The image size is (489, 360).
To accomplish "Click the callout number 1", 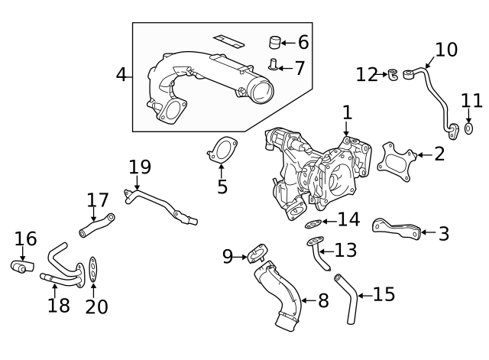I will pos(347,114).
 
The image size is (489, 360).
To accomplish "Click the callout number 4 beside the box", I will pos(121,75).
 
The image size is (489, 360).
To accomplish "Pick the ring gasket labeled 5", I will pos(222,151).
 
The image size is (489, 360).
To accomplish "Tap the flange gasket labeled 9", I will pos(256,254).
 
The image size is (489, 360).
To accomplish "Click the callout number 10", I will pos(445,50).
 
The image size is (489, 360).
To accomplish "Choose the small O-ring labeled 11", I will pos(469,128).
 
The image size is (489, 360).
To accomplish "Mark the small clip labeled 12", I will pos(393,74).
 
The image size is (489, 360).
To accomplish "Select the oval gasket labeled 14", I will pos(313,224).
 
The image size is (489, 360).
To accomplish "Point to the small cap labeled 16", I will pos(21,267).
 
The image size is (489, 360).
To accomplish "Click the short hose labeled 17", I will pos(95,225).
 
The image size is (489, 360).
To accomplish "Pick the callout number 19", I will pos(140,167).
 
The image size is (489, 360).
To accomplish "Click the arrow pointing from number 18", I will pos(55,290).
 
